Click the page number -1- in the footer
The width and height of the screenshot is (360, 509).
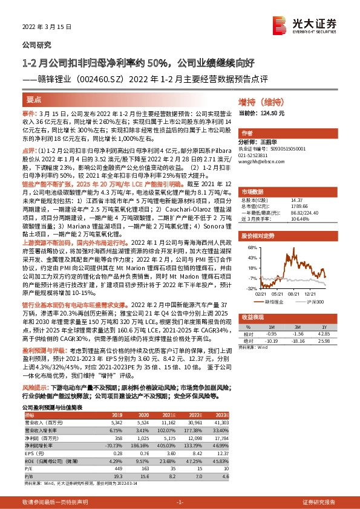click(x=180, y=502)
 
